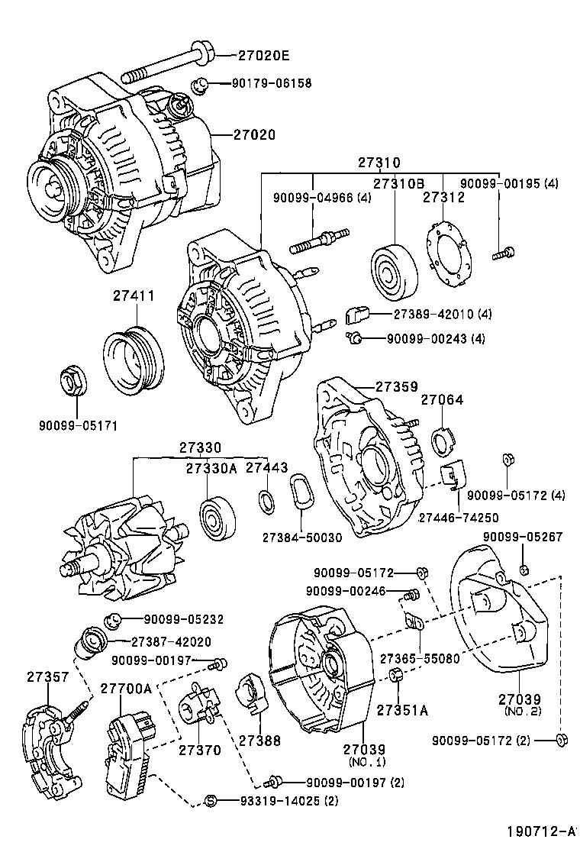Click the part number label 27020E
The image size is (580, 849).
point(263,56)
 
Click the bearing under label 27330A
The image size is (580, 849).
point(217,518)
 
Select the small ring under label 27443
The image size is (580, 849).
point(266,500)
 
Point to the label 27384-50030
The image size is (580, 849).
point(301,537)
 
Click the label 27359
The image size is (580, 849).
point(395,386)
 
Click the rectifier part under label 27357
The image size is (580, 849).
point(50,749)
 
